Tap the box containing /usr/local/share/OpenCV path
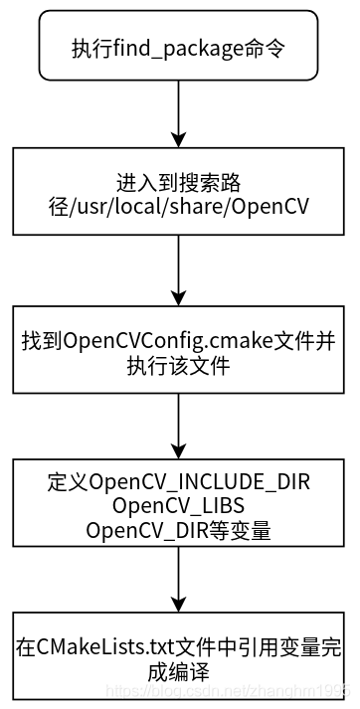[x=179, y=196]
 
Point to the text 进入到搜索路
[x=179, y=184]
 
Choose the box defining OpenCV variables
[x=179, y=504]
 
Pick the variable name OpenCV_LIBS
[x=179, y=506]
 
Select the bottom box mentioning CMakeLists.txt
[x=179, y=656]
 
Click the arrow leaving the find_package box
[x=179, y=113]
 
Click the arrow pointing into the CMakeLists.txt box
[x=179, y=581]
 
